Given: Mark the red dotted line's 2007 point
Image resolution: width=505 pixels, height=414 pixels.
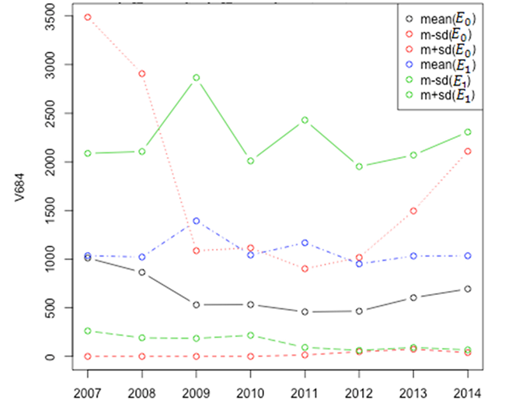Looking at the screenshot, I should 88,17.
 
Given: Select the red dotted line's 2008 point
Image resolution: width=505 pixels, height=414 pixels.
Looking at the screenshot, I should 141,74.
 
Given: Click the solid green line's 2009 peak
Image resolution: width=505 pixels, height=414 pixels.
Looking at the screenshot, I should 197,78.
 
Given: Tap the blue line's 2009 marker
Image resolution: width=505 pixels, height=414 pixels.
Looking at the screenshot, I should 197,221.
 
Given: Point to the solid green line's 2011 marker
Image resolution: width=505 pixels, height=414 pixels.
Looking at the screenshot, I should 305,120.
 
